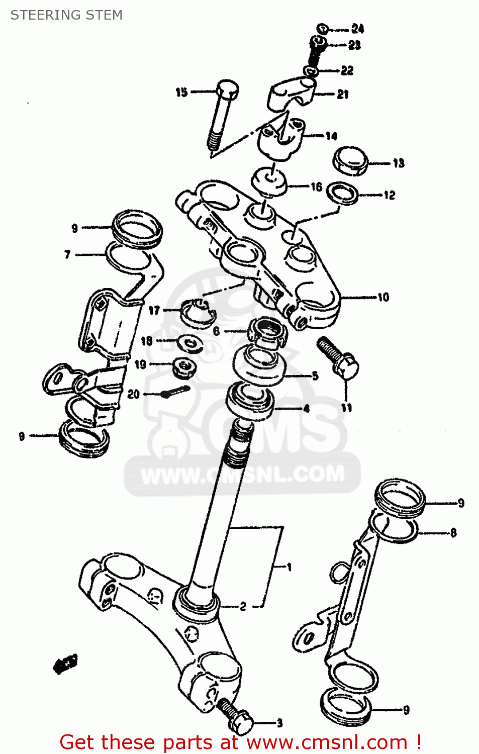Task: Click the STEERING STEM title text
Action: [x=66, y=15]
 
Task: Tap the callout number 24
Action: [x=357, y=29]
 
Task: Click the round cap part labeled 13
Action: [x=350, y=161]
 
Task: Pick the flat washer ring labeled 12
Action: [x=342, y=193]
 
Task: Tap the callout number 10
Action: [x=383, y=297]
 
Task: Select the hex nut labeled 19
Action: [x=184, y=367]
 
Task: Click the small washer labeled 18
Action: [x=190, y=343]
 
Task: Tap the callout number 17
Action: [x=154, y=311]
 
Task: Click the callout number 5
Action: [x=315, y=375]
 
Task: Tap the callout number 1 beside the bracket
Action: [x=289, y=567]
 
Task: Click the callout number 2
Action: [x=243, y=606]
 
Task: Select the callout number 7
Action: [x=67, y=255]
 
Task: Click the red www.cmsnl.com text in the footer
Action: [x=327, y=742]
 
